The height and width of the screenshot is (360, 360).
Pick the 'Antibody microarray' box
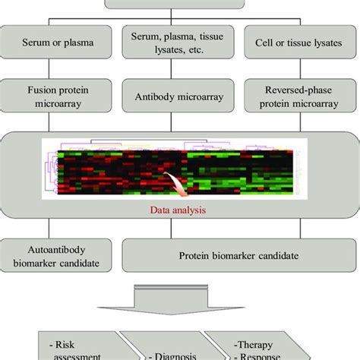[180, 96]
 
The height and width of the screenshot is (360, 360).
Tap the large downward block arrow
[179, 297]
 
